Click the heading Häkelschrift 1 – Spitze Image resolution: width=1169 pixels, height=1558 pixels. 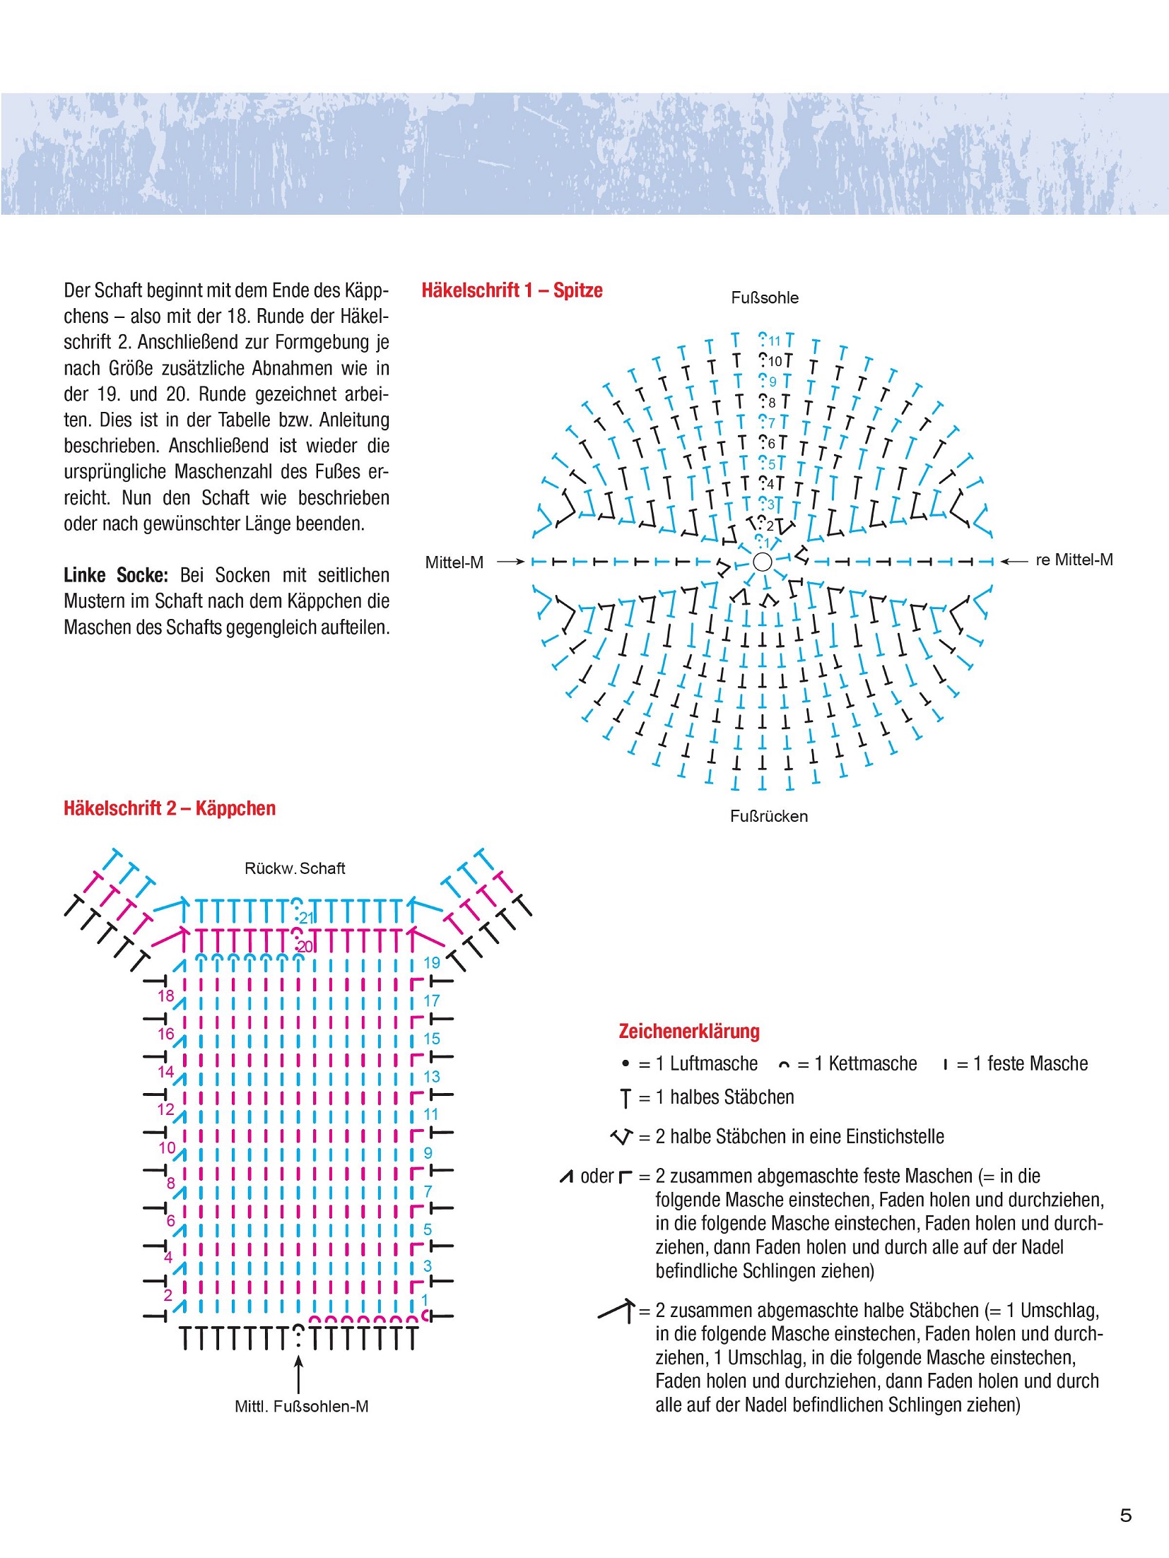tap(512, 290)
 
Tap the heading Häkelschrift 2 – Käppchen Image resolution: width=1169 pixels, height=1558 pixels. tap(170, 808)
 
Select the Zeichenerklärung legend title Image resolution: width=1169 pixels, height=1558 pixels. tap(689, 1032)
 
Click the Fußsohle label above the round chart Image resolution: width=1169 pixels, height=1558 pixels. tap(765, 298)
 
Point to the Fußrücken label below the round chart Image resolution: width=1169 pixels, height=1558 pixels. tap(769, 817)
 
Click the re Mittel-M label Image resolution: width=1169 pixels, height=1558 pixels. tap(1074, 560)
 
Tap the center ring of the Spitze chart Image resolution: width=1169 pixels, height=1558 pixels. tap(763, 562)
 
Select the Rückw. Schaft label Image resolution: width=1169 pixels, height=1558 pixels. tap(295, 868)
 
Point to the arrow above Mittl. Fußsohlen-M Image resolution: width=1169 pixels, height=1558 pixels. tap(299, 1374)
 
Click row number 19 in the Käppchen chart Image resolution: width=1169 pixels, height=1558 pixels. tap(432, 962)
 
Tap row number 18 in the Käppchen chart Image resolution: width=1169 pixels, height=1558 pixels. tap(165, 996)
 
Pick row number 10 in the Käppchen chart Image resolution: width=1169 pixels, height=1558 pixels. tap(167, 1147)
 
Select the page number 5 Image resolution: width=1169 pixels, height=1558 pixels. tap(1126, 1515)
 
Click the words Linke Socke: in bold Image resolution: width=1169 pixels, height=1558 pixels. tap(116, 575)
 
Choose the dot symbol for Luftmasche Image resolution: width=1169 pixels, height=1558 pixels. tap(625, 1063)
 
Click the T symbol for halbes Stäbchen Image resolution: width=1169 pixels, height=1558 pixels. tap(625, 1098)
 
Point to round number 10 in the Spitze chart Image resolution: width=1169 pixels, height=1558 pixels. tap(775, 362)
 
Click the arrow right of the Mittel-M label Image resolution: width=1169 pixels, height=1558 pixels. tap(510, 562)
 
